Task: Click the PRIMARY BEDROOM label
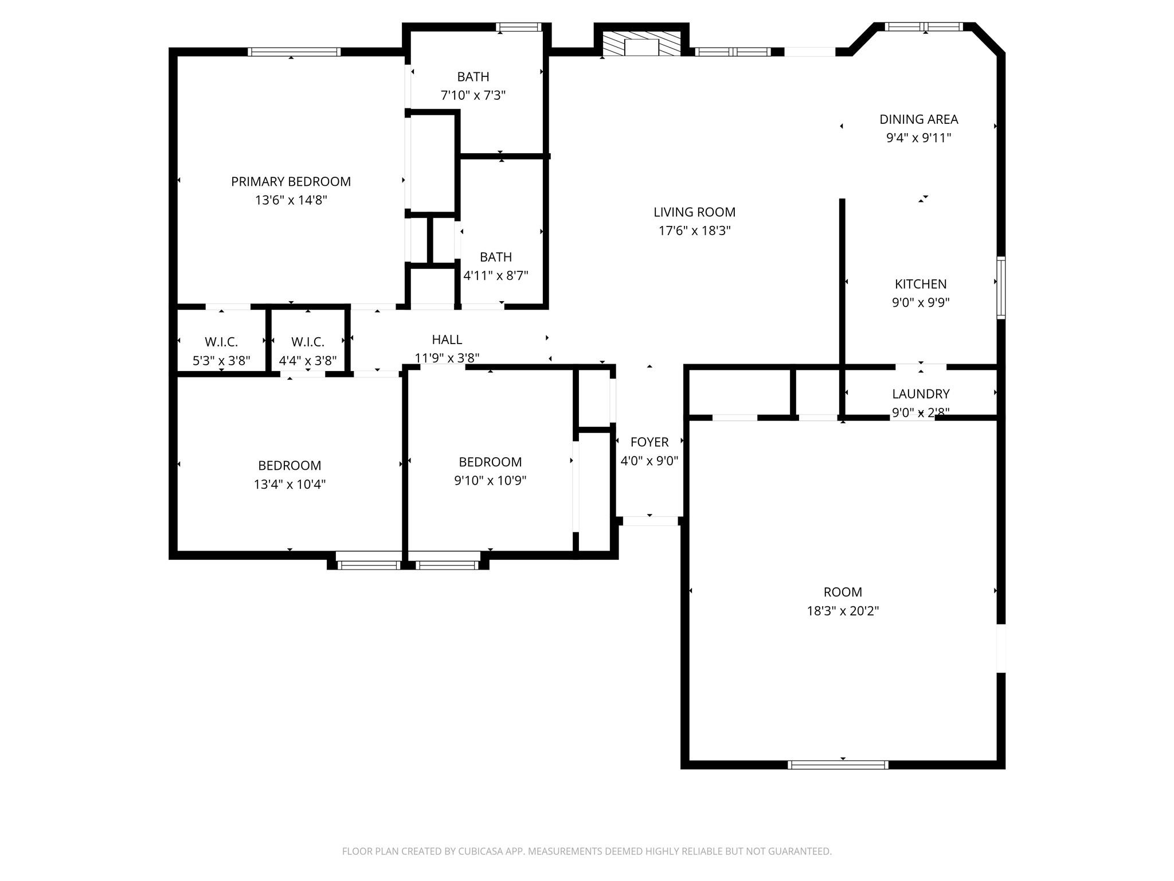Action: tap(291, 182)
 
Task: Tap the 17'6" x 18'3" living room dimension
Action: tap(694, 231)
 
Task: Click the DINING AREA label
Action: tap(918, 119)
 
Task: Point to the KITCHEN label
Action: tap(920, 284)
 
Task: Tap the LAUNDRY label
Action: tap(920, 394)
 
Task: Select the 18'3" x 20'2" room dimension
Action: tap(842, 611)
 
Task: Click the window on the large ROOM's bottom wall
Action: tap(838, 765)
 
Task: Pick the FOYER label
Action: tap(649, 442)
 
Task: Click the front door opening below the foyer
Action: tap(649, 521)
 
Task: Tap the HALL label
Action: tap(447, 340)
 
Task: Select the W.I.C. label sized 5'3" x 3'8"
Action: tap(221, 342)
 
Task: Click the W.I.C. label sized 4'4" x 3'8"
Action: tap(308, 342)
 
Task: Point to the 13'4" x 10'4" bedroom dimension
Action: tap(289, 484)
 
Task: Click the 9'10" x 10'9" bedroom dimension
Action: tap(490, 481)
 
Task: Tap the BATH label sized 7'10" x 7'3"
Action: tap(473, 77)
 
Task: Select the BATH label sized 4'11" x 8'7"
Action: tap(495, 257)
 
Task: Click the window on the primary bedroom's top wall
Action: tap(294, 52)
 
